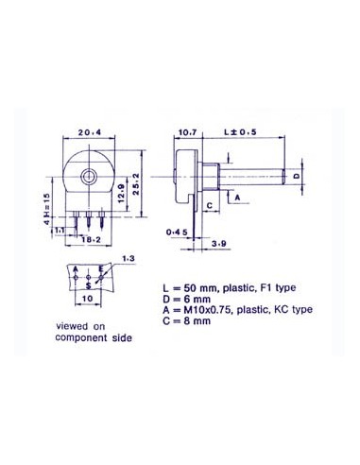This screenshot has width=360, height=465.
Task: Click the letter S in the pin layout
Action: tap(89, 283)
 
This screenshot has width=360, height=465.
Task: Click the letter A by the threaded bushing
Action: tap(236, 198)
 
